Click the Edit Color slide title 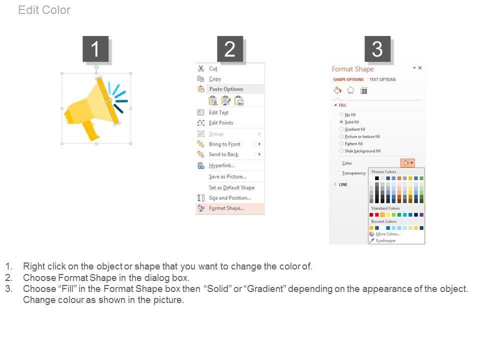pyautogui.click(x=44, y=10)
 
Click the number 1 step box pyautogui.click(x=95, y=49)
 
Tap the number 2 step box pyautogui.click(x=230, y=49)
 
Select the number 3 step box pyautogui.click(x=377, y=49)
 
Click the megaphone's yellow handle pyautogui.click(x=90, y=130)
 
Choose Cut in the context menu pyautogui.click(x=213, y=68)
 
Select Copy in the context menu pyautogui.click(x=215, y=79)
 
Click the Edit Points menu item pyautogui.click(x=221, y=123)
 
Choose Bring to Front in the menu pyautogui.click(x=224, y=144)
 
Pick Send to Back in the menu pyautogui.click(x=224, y=154)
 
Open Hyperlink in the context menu pyautogui.click(x=222, y=165)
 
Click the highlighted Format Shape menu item pyautogui.click(x=226, y=208)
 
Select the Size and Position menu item pyautogui.click(x=230, y=198)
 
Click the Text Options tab pyautogui.click(x=382, y=79)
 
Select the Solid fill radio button pyautogui.click(x=341, y=122)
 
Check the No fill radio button pyautogui.click(x=341, y=115)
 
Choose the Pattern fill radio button pyautogui.click(x=341, y=143)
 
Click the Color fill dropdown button pyautogui.click(x=408, y=163)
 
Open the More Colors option pyautogui.click(x=388, y=234)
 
